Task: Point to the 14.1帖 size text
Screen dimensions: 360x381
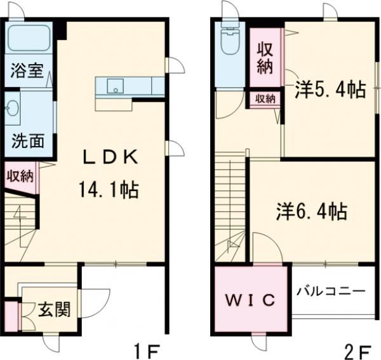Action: (109, 189)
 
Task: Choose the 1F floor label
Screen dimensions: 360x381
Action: (149, 350)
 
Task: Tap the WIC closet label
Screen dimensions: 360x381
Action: (251, 299)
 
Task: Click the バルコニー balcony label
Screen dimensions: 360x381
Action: (331, 291)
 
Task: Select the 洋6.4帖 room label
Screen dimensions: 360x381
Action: (311, 211)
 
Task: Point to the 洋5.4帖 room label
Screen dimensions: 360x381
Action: (330, 90)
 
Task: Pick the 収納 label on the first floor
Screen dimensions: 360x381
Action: (20, 176)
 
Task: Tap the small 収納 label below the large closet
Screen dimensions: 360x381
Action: (265, 98)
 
